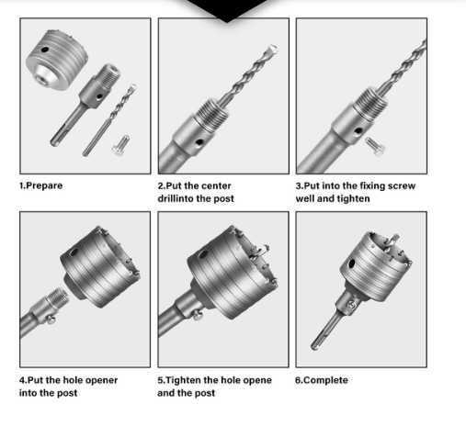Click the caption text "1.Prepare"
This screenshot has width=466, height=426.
pyautogui.click(x=40, y=185)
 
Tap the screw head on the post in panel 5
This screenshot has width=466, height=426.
pyautogui.click(x=197, y=314)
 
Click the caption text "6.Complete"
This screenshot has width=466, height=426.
pyautogui.click(x=322, y=380)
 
